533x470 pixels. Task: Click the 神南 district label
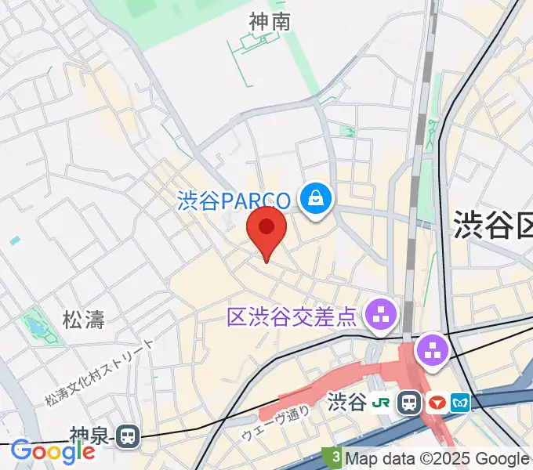pos(270,22)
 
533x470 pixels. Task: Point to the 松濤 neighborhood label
pos(84,319)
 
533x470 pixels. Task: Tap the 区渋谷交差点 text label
pos(292,317)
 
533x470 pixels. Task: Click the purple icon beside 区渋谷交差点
pos(383,316)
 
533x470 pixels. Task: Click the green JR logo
pos(382,403)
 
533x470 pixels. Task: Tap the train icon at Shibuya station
pos(409,403)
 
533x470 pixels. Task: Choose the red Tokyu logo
pos(436,403)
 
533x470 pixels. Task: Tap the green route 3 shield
pos(335,457)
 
